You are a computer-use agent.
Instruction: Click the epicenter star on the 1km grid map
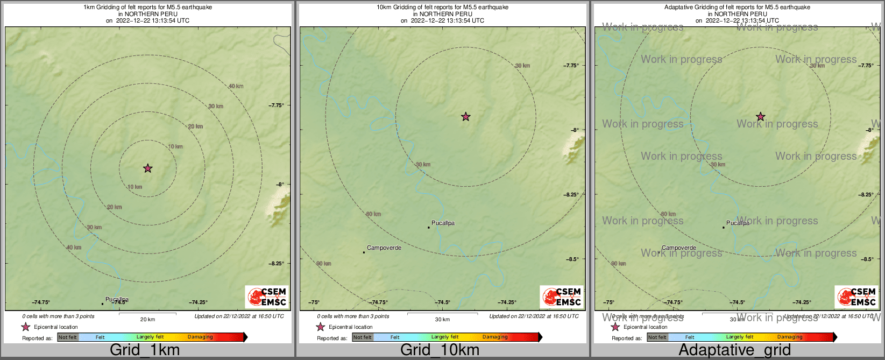tap(148, 168)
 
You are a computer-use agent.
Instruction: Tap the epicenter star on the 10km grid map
tap(466, 116)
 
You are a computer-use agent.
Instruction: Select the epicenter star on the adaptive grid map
tap(761, 116)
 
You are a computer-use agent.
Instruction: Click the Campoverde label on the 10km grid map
tap(384, 248)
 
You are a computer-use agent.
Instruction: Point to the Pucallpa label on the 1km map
tap(117, 300)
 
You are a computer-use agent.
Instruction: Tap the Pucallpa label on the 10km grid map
tap(443, 223)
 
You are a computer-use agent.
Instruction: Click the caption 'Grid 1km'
tap(145, 350)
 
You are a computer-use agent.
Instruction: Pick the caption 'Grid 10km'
tap(440, 350)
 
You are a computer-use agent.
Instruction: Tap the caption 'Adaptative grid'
tap(734, 350)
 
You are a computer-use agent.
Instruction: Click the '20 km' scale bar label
tap(147, 320)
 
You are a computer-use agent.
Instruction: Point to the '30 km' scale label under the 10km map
tap(442, 320)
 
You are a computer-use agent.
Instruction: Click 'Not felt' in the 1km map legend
tap(68, 337)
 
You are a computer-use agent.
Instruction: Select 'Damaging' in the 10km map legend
tap(495, 337)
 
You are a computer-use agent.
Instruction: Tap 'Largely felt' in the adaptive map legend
tap(740, 337)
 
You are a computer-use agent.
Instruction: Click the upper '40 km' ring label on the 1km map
tap(236, 86)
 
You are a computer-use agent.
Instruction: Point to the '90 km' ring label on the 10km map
tap(324, 264)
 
